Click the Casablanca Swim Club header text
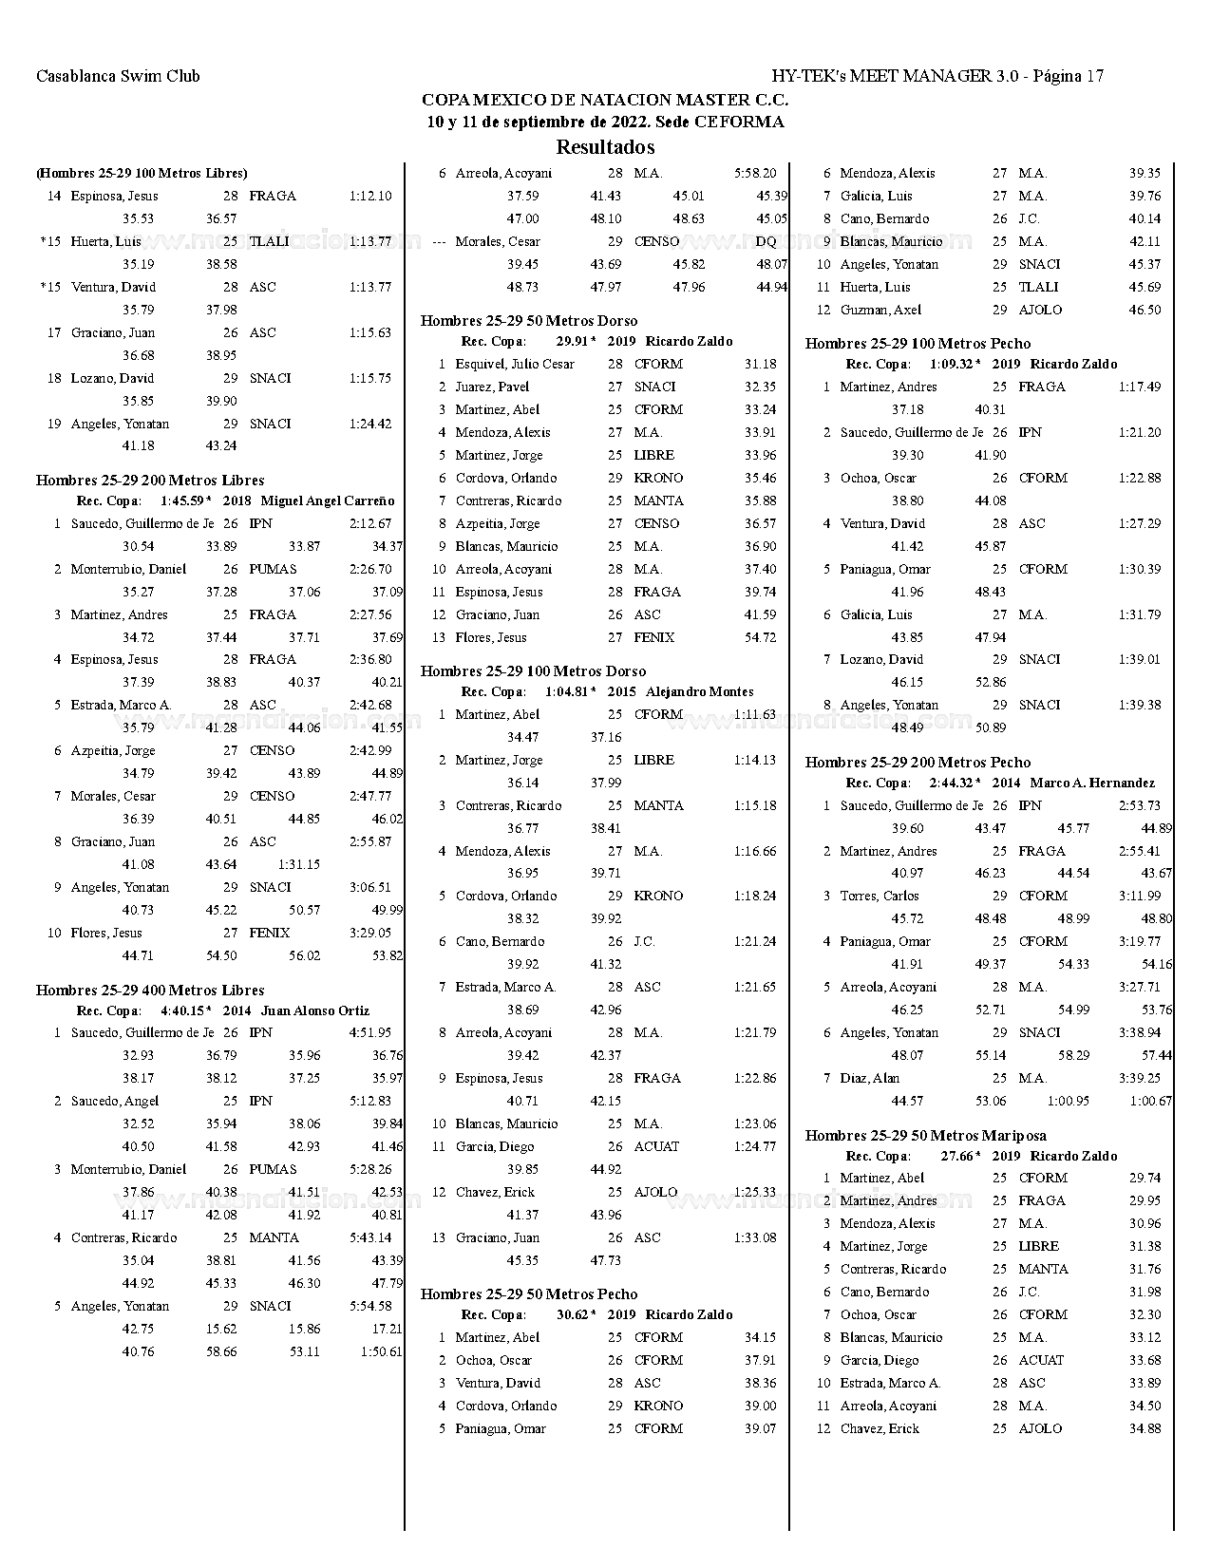click(x=118, y=76)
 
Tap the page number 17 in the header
click(x=1094, y=76)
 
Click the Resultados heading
click(x=605, y=147)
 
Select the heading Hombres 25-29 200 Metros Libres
click(x=150, y=481)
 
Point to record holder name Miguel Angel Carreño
click(x=328, y=500)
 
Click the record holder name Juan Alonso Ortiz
click(x=315, y=1010)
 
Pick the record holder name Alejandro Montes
click(x=700, y=691)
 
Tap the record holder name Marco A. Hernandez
click(x=1092, y=783)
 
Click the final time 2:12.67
click(x=370, y=523)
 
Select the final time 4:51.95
click(x=370, y=1032)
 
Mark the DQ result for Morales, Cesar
click(x=765, y=241)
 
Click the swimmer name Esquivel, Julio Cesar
click(x=515, y=364)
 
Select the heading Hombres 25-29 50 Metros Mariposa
click(x=926, y=1136)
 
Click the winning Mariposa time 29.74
click(x=1145, y=1178)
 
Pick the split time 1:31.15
click(x=298, y=864)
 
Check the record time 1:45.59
click(x=185, y=500)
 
